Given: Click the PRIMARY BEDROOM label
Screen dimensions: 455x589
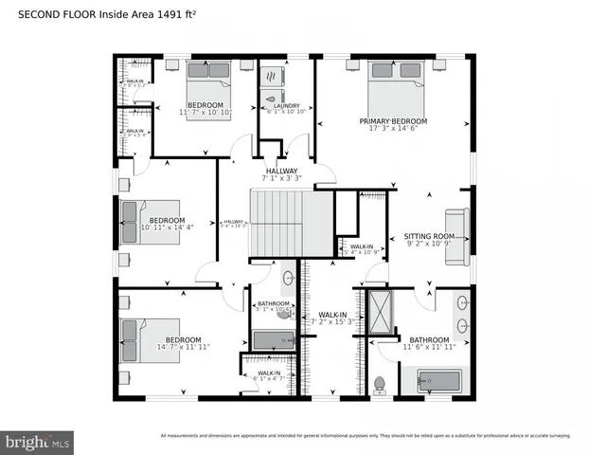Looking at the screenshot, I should (x=393, y=121).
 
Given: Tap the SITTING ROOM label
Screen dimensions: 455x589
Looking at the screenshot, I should (x=429, y=236).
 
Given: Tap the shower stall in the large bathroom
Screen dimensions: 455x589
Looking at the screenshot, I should (x=380, y=313).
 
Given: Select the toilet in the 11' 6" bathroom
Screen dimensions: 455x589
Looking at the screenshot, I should (x=381, y=384).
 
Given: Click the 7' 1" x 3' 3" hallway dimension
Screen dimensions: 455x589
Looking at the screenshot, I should (x=282, y=177).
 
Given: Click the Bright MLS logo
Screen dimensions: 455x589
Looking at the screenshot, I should (x=38, y=442).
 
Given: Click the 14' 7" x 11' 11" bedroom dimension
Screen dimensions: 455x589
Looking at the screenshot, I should (x=183, y=348).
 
